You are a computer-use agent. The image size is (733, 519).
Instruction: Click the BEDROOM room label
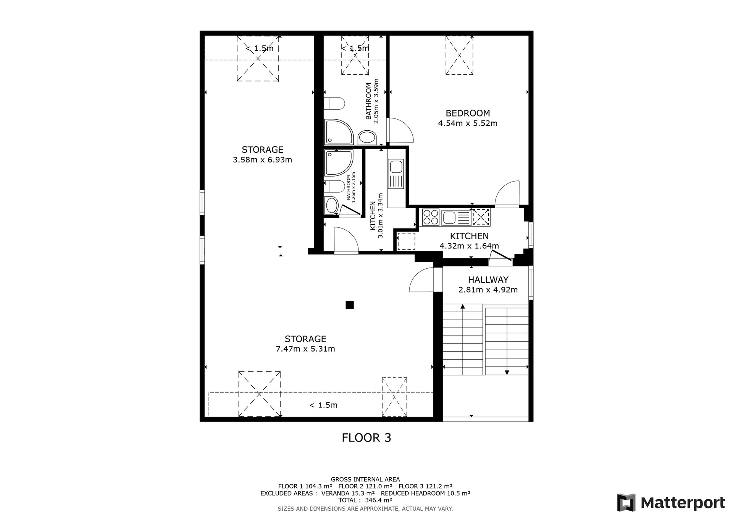click(x=468, y=113)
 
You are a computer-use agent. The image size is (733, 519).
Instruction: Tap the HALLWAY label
click(x=488, y=280)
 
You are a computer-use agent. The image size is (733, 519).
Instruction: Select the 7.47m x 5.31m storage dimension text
click(x=305, y=349)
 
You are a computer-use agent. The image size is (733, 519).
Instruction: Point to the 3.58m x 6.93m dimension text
click(x=262, y=160)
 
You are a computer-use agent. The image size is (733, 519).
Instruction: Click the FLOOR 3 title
click(x=366, y=438)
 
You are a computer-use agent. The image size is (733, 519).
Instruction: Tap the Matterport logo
click(x=671, y=503)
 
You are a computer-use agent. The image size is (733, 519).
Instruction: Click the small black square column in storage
click(x=350, y=305)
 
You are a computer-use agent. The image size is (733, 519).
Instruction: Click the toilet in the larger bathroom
click(x=334, y=103)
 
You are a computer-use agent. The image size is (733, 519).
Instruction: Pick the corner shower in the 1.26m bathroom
click(x=338, y=163)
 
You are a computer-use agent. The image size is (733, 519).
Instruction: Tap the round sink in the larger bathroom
click(x=367, y=138)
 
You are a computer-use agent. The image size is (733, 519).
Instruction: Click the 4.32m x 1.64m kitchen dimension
click(x=469, y=246)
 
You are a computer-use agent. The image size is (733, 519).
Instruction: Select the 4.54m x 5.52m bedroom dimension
click(x=468, y=123)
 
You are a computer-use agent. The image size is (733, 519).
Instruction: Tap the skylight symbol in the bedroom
click(x=459, y=55)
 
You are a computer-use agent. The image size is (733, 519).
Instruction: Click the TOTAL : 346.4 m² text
click(x=365, y=500)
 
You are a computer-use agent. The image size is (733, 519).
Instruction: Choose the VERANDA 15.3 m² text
click(x=348, y=493)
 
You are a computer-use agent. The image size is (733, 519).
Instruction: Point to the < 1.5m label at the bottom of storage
click(x=323, y=405)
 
